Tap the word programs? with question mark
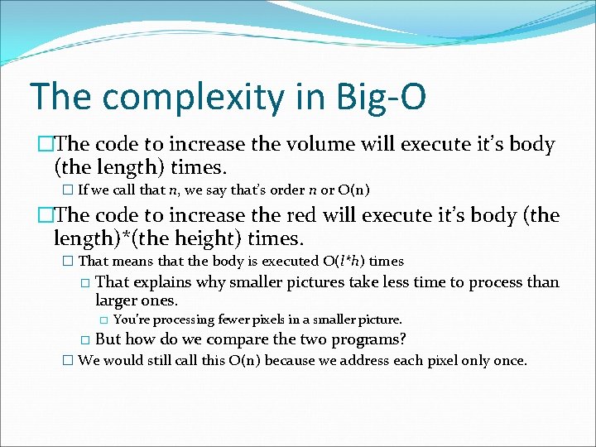point(366,339)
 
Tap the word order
point(286,190)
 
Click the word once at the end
point(508,361)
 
